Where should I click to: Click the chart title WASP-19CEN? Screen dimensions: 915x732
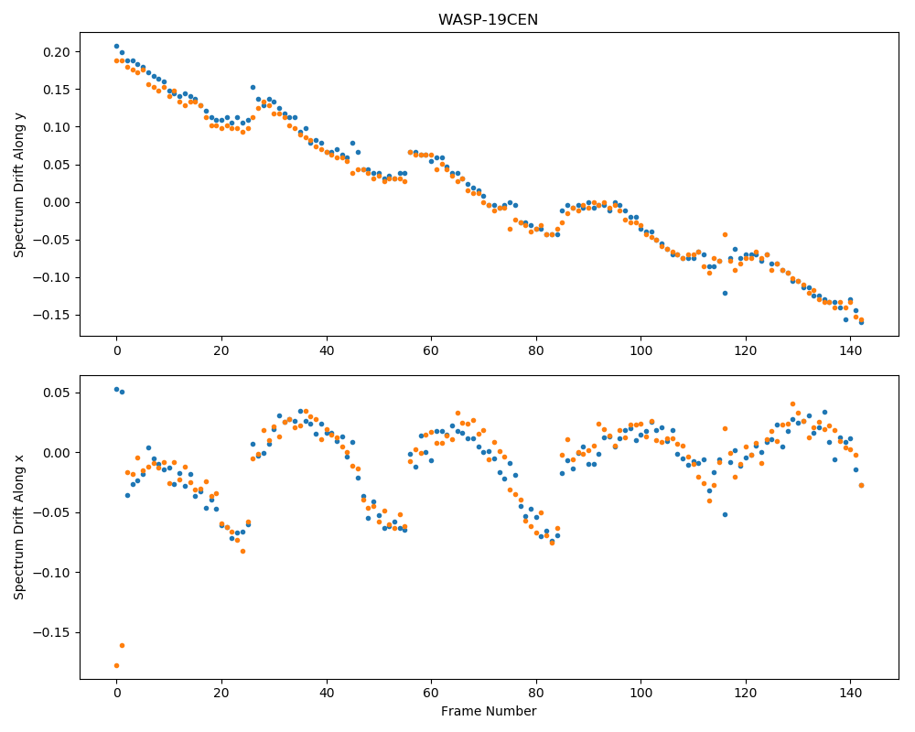[488, 20]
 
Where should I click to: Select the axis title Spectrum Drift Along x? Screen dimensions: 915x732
[19, 526]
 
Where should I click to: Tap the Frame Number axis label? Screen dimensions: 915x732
[489, 711]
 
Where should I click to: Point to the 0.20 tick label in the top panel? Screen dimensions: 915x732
[56, 52]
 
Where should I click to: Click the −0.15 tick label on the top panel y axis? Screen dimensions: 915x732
[51, 315]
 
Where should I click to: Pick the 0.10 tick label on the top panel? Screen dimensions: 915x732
[56, 127]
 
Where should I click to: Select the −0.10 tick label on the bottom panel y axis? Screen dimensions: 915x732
[51, 573]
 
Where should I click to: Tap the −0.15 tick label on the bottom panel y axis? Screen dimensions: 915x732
[51, 633]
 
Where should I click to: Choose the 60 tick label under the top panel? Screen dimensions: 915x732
[431, 350]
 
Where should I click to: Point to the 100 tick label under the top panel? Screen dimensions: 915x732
[640, 350]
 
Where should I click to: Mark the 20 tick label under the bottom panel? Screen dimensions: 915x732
[221, 694]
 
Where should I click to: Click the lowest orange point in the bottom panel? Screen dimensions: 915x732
[117, 665]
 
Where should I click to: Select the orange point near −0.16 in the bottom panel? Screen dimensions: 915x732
[122, 646]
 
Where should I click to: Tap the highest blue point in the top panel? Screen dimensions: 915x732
[117, 46]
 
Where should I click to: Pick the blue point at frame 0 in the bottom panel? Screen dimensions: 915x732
[117, 390]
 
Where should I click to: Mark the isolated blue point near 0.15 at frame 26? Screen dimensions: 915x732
[253, 88]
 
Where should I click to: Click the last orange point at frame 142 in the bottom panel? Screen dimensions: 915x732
[861, 485]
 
